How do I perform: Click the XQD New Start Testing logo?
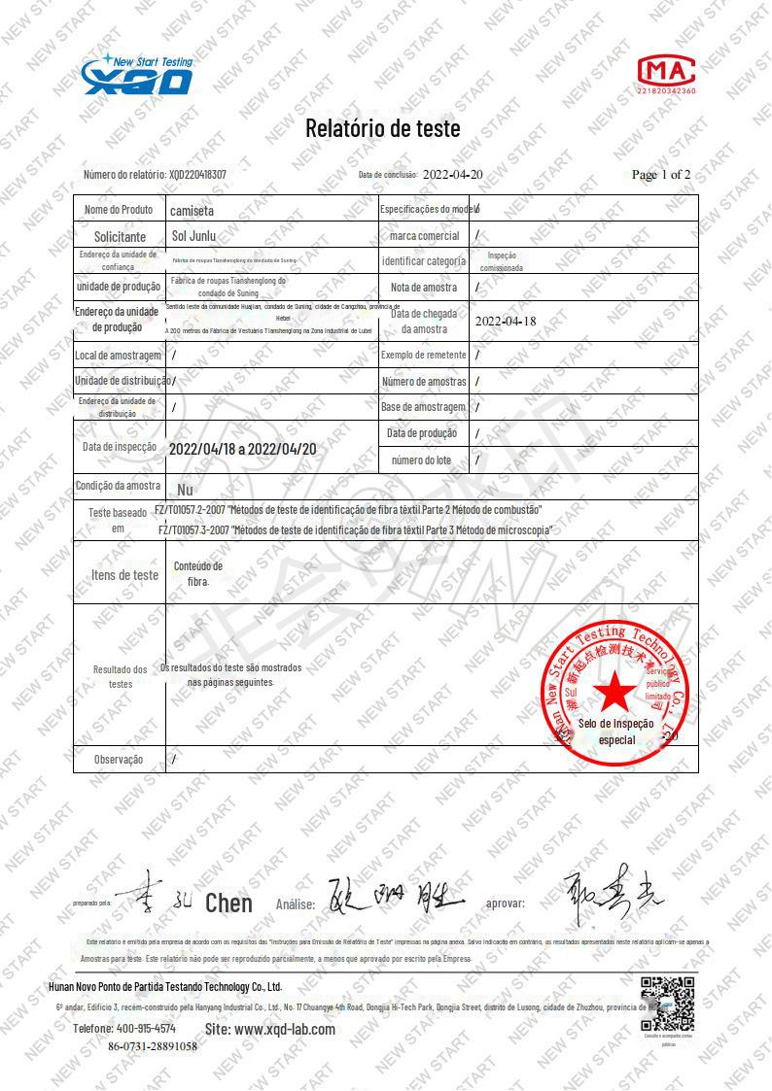(137, 76)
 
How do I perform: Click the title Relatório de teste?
(383, 128)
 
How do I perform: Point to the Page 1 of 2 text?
(661, 175)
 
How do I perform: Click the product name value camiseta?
(193, 210)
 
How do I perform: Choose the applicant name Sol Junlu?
(193, 235)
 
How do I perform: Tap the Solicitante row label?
(120, 236)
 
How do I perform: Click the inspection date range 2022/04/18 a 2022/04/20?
(242, 450)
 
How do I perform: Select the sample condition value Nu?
(186, 490)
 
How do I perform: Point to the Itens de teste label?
(124, 575)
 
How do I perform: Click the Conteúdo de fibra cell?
(198, 573)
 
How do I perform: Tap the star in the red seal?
(614, 692)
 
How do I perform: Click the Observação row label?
(119, 760)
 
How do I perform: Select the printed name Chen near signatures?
(228, 903)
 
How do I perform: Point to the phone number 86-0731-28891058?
(152, 1046)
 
